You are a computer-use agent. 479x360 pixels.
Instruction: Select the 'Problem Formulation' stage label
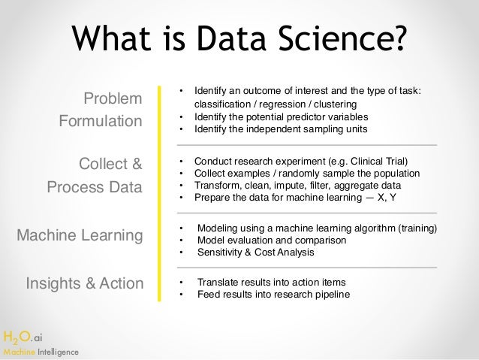[x=101, y=110]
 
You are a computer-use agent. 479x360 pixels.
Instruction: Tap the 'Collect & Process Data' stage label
[x=95, y=175]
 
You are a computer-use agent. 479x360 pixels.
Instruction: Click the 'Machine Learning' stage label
[x=80, y=236]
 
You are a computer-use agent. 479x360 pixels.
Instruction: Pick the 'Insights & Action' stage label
[x=84, y=283]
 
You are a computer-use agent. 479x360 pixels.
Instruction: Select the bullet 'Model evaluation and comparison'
[x=271, y=241]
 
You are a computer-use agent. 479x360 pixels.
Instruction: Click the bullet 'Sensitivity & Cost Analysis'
[x=255, y=253]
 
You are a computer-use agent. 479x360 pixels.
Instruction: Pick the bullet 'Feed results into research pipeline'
[x=273, y=295]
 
